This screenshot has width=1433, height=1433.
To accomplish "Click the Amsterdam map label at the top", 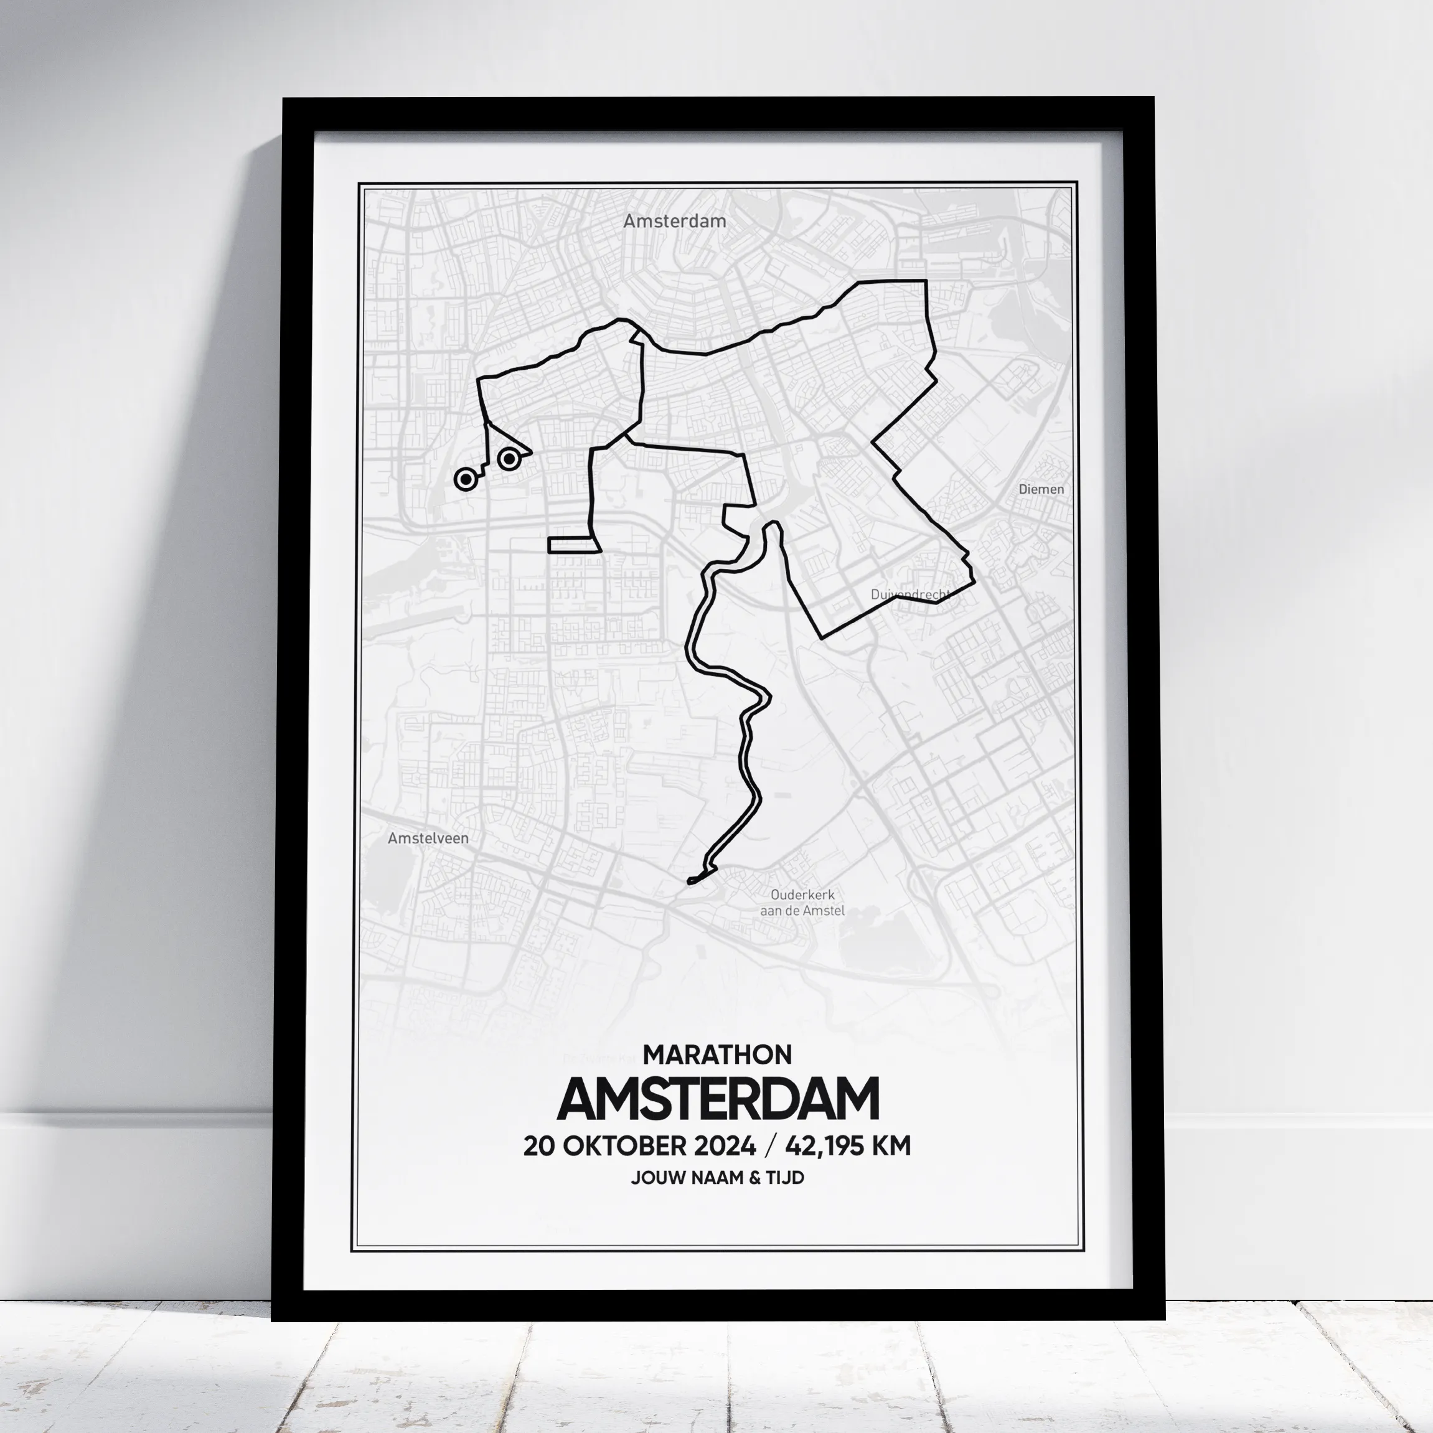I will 674,221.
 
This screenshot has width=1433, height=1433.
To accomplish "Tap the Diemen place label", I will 1041,489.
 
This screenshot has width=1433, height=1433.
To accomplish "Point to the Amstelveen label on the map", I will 428,838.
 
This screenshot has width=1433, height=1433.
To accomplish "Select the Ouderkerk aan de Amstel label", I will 802,903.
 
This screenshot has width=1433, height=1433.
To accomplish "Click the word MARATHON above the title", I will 717,1054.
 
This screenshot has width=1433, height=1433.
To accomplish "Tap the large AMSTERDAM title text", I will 717,1099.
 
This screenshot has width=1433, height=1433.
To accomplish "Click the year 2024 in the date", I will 725,1146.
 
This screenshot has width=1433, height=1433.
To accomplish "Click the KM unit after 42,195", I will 891,1146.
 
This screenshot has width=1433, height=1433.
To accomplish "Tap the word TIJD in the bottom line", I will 786,1178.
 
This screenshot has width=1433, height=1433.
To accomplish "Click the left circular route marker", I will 465,479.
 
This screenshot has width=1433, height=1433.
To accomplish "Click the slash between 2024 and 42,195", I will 770,1146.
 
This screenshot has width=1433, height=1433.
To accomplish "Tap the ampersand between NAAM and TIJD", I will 755,1178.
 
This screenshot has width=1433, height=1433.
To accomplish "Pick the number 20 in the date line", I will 539,1146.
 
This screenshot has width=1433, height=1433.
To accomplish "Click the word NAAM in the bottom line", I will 717,1178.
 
